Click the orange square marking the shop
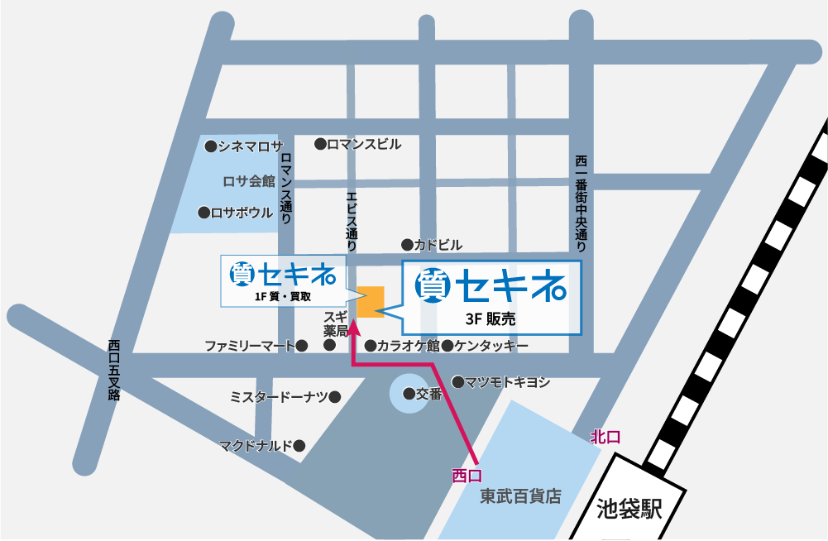371,302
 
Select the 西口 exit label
467,475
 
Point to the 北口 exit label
605,437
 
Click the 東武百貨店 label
520,496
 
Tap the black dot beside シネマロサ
211,146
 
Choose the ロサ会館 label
249,180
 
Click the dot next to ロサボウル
203,213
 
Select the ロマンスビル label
364,144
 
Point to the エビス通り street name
351,221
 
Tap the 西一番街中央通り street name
581,203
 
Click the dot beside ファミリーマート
303,346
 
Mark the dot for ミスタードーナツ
335,397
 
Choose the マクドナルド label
256,446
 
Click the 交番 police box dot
409,395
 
